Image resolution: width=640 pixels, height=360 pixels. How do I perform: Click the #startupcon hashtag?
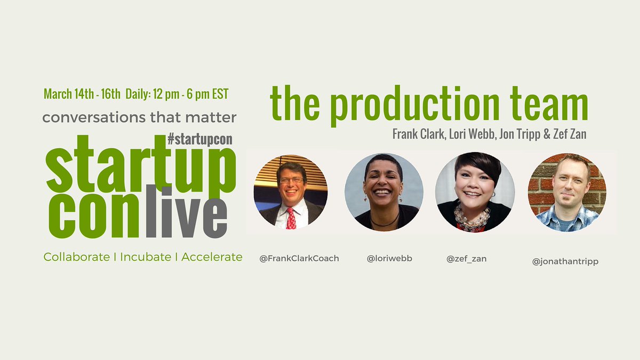point(199,140)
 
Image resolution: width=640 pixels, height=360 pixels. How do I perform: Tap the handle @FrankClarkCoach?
point(299,259)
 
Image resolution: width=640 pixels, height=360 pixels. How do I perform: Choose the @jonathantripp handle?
point(565,261)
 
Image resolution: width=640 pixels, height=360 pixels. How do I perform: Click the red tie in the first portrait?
point(291,218)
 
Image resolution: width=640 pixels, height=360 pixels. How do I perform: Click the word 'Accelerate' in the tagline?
point(212,257)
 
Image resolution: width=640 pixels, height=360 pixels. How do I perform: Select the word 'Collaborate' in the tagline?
point(77,257)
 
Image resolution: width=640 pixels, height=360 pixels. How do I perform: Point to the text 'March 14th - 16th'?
point(82,94)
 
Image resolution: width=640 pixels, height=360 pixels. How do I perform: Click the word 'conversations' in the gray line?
point(91,117)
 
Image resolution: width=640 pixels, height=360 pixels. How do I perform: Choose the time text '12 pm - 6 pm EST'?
point(190,94)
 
